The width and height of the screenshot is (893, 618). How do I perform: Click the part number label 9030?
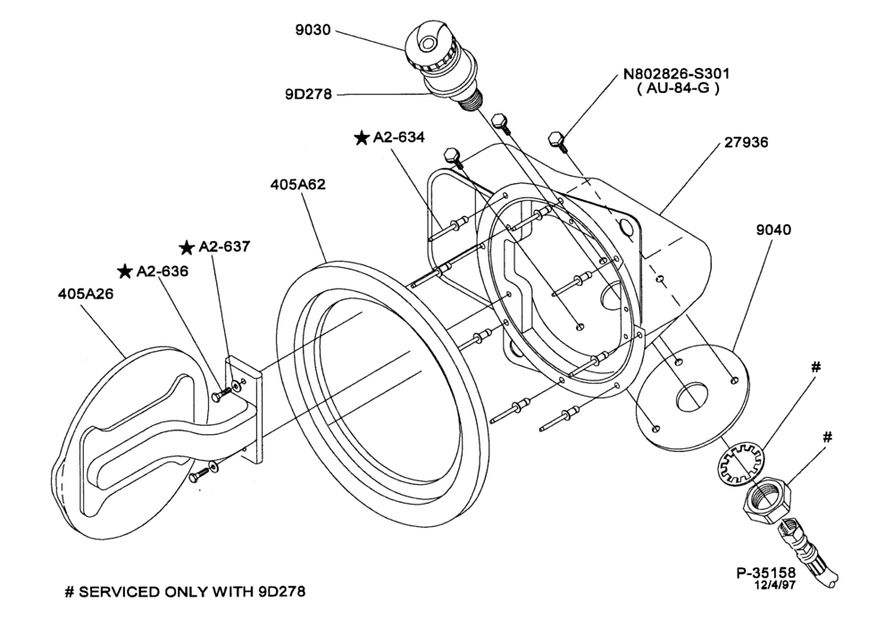click(313, 29)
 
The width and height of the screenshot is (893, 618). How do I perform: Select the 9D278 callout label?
click(308, 94)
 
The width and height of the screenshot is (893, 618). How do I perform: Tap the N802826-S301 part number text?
click(676, 73)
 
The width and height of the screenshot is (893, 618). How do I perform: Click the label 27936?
click(746, 141)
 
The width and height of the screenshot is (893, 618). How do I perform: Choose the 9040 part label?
click(773, 230)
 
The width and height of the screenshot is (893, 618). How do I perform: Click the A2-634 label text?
click(398, 138)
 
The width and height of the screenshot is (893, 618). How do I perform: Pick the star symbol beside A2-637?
click(187, 247)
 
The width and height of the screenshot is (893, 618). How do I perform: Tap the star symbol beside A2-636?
click(125, 271)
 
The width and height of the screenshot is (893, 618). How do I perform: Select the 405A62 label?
click(298, 185)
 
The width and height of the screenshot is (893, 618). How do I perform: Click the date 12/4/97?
click(774, 585)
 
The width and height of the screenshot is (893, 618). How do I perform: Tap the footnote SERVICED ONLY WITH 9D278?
click(192, 592)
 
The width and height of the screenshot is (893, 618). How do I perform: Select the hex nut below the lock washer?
click(766, 499)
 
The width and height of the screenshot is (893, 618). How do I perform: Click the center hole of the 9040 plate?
click(692, 396)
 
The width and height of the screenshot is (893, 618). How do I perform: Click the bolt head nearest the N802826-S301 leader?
click(555, 139)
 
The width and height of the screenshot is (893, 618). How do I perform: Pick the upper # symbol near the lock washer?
click(815, 367)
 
